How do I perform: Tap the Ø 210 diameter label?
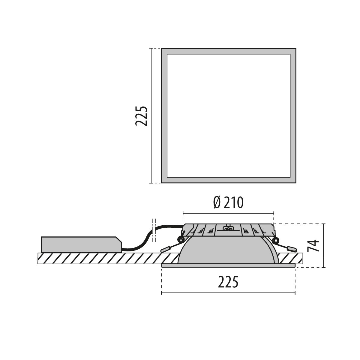tap(228, 203)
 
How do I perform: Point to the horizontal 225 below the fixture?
tap(228, 282)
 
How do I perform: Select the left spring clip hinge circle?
tap(181, 239)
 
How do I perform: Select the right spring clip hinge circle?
tap(275, 239)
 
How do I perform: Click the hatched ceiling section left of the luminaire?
tap(99, 259)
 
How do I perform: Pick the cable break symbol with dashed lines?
tap(154, 230)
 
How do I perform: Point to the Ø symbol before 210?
tap(217, 203)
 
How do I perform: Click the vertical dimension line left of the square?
tap(151, 116)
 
